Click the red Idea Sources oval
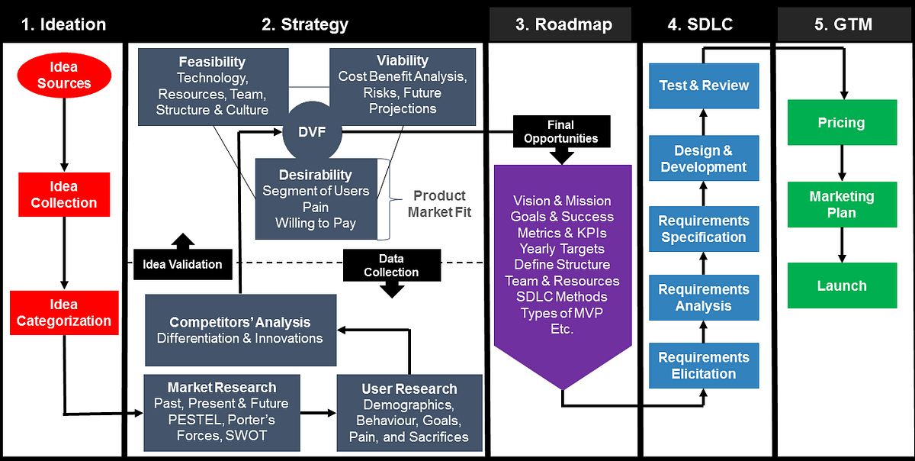tap(64, 76)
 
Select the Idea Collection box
tap(64, 195)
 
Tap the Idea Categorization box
tap(64, 312)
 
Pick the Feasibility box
tap(213, 85)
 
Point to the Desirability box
tap(316, 198)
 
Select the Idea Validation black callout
tap(182, 263)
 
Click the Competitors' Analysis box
tap(240, 330)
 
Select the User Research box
tap(409, 413)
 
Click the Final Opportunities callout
tap(561, 132)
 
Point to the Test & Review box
tap(704, 85)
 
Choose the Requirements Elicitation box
tap(704, 366)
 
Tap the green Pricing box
tap(841, 122)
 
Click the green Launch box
tap(841, 285)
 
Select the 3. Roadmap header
tap(563, 24)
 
